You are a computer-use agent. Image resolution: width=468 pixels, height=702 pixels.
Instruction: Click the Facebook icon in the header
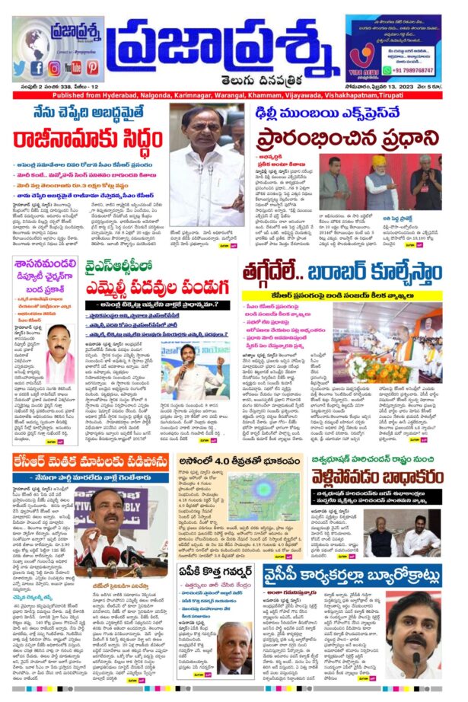tap(37, 68)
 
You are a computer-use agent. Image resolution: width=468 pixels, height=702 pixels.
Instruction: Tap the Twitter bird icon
tap(20, 68)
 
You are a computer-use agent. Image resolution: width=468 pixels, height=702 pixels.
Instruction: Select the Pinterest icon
tap(92, 68)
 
